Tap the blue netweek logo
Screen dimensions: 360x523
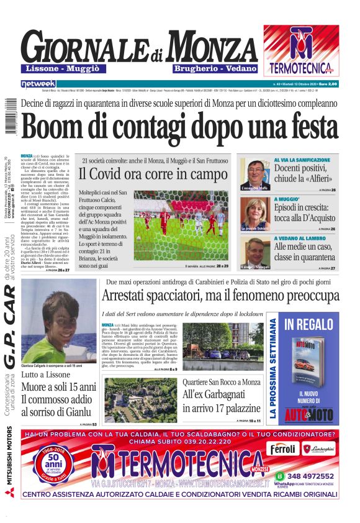point(38,83)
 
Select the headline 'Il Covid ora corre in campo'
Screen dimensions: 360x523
point(153,175)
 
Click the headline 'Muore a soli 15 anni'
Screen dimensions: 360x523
point(58,387)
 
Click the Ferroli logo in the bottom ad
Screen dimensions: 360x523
point(284,448)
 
